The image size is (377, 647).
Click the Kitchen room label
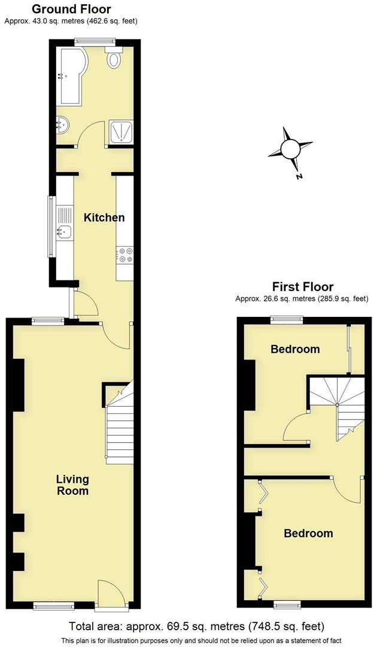click(104, 217)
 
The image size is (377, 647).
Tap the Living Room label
click(72, 485)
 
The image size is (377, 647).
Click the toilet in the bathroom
click(114, 58)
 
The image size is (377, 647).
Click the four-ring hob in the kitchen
click(126, 255)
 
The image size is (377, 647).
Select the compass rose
click(290, 148)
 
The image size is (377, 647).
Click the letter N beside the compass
click(299, 177)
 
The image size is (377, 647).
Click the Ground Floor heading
click(71, 9)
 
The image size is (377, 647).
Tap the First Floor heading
click(303, 286)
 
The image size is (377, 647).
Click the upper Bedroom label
click(295, 349)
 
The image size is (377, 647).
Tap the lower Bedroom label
click(308, 533)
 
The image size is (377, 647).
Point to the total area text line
click(197, 627)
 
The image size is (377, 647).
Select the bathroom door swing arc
click(90, 134)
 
